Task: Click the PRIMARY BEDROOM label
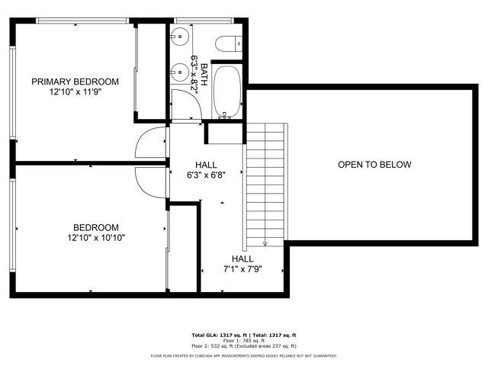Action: [x=75, y=82]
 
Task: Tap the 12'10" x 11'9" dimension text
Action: [x=75, y=91]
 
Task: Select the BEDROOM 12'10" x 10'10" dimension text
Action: [x=95, y=238]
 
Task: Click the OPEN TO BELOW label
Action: [x=374, y=165]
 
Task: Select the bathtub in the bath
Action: [x=226, y=92]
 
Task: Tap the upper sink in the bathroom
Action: [x=179, y=37]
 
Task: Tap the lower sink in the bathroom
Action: [x=179, y=71]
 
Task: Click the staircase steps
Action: [x=264, y=183]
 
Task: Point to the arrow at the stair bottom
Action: [x=265, y=243]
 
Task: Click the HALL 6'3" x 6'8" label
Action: [x=206, y=169]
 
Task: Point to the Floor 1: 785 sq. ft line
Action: [x=243, y=340]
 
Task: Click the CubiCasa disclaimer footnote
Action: [x=243, y=355]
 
